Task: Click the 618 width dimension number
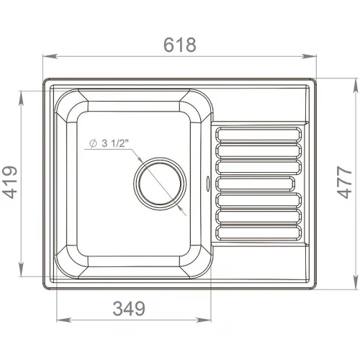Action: (x=180, y=45)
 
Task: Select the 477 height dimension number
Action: (x=344, y=182)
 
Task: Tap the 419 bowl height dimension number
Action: (x=10, y=182)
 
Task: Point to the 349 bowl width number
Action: (x=129, y=308)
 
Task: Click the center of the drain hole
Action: (x=160, y=184)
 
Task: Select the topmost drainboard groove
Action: (x=258, y=134)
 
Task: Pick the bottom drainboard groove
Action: (x=258, y=233)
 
